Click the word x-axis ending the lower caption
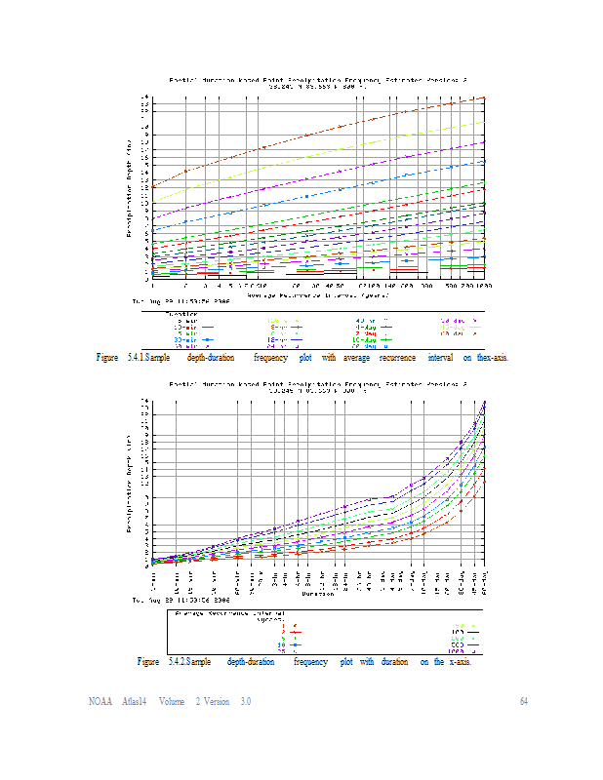click(x=458, y=662)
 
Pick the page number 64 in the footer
click(x=523, y=702)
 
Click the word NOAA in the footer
click(x=99, y=702)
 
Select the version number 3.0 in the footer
click(x=245, y=702)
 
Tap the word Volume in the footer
click(x=172, y=702)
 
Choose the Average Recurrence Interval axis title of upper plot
click(x=317, y=293)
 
